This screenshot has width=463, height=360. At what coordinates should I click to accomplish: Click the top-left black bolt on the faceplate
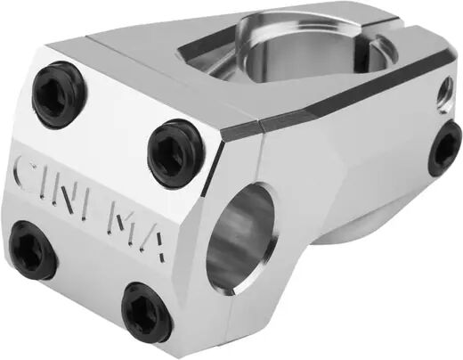(x=58, y=95)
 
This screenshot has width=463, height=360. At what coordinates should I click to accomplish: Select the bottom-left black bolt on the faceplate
(x=33, y=250)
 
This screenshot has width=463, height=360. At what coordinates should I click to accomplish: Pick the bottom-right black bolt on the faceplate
(x=146, y=312)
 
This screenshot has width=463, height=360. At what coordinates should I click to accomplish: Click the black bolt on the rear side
(x=444, y=149)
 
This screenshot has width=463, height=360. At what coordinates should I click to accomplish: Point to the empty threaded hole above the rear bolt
(x=444, y=94)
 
